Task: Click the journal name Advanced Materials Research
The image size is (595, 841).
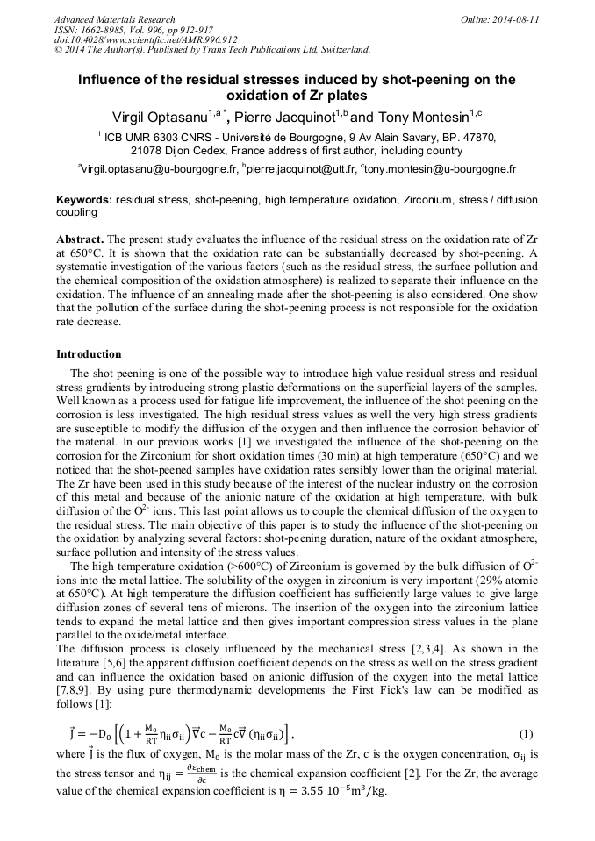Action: [x=115, y=19]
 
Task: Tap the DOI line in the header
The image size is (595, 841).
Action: [x=146, y=39]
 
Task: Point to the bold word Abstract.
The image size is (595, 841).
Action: [x=80, y=239]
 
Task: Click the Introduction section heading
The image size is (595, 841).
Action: [x=89, y=354]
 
